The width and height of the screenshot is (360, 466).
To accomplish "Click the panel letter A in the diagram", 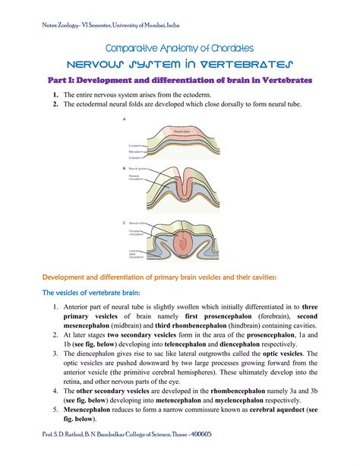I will point(125,119).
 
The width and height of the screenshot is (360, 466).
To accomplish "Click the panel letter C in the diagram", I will point(125,222).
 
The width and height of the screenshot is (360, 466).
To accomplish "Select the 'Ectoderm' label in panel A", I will point(137,144).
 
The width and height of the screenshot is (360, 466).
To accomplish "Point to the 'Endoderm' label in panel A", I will point(137,157).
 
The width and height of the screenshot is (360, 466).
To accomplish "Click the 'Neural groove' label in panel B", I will point(140,167).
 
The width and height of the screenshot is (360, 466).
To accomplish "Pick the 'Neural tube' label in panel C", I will point(137,222).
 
